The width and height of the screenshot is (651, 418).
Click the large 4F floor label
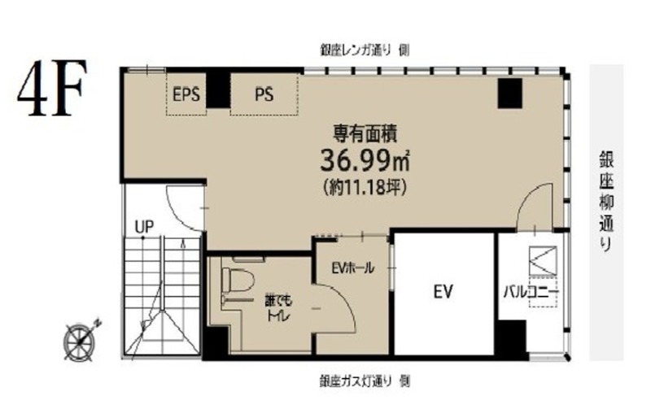(x=52, y=89)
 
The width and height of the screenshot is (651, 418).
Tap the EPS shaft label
(x=186, y=94)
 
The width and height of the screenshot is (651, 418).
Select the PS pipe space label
(x=264, y=94)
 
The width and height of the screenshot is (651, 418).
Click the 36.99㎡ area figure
(x=365, y=160)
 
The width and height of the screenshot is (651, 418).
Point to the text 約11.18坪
(x=365, y=187)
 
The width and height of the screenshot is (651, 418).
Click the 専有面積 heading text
(x=365, y=134)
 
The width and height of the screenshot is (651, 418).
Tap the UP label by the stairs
(x=144, y=227)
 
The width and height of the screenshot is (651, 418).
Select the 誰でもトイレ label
(x=279, y=308)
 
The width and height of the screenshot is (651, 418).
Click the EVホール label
(x=352, y=268)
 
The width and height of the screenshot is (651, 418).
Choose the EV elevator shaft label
(x=443, y=292)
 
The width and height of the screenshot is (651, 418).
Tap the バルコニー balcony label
(x=531, y=292)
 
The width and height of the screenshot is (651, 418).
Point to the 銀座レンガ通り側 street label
(x=365, y=50)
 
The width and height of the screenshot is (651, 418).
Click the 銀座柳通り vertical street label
(x=606, y=201)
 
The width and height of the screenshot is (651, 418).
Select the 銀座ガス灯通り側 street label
(x=365, y=381)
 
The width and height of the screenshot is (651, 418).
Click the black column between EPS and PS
(x=218, y=89)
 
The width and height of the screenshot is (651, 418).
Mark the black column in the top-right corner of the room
(x=509, y=94)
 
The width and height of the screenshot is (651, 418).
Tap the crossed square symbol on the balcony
(x=543, y=260)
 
